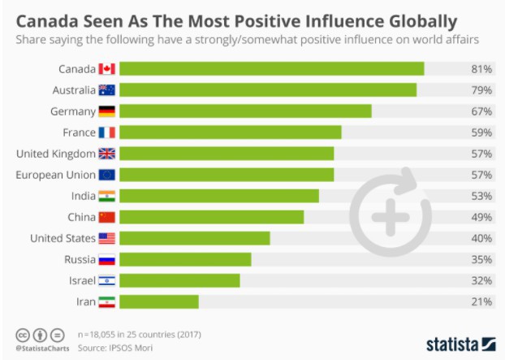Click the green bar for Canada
[x=273, y=69]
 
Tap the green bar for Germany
[x=246, y=111]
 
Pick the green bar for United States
[x=196, y=238]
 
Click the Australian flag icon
[x=107, y=90]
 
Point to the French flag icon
[x=107, y=132]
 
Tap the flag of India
[x=107, y=196]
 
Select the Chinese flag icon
[x=107, y=217]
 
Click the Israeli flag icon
[x=107, y=280]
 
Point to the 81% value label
[x=481, y=69]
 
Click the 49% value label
[x=481, y=217]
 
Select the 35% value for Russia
[x=481, y=259]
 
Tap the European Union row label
[x=55, y=175]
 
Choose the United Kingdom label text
[x=55, y=154]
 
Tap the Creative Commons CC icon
[x=23, y=334]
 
